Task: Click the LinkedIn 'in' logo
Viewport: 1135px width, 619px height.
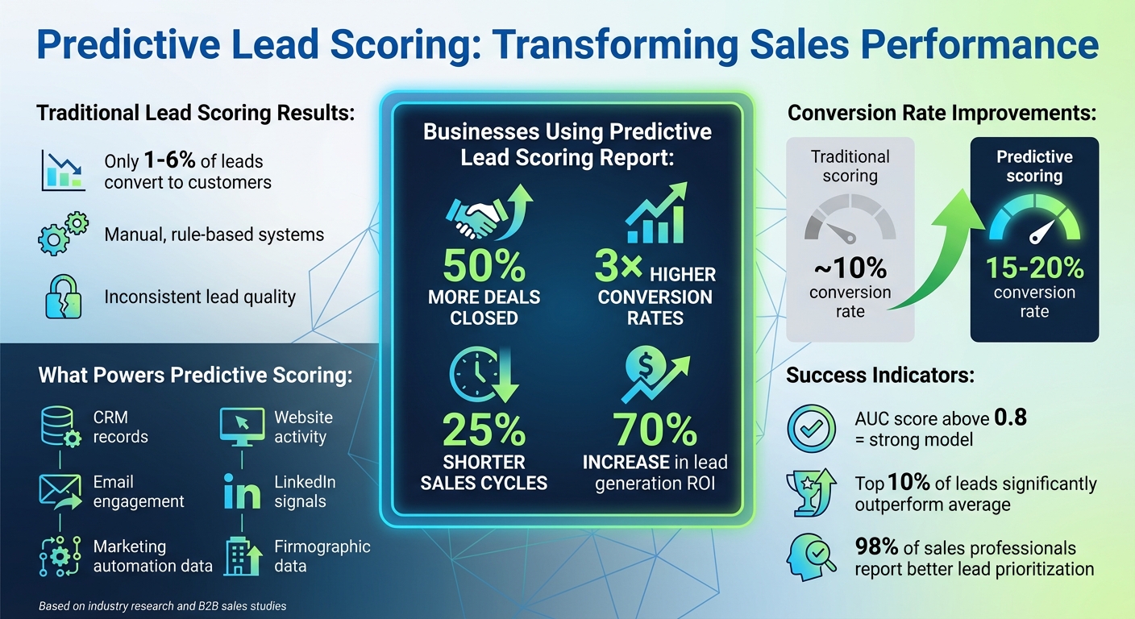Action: coord(242,491)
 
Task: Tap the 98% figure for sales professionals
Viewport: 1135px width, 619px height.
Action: coord(876,546)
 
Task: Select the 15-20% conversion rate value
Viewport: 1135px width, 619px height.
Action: coord(1034,268)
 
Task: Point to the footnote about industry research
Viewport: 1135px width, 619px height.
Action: coord(162,605)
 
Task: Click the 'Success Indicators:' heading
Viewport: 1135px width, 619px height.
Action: coord(880,375)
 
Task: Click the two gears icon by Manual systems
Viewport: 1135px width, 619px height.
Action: coord(62,234)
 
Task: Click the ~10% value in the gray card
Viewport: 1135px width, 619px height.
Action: coord(850,268)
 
